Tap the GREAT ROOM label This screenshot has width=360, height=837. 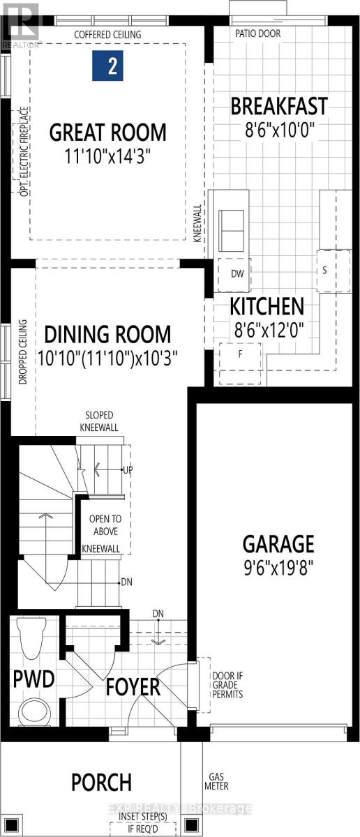point(107,131)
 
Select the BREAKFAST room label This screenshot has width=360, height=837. point(278,107)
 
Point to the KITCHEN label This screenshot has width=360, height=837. point(267,306)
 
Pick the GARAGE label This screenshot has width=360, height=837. point(278,543)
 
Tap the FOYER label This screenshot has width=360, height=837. point(133,686)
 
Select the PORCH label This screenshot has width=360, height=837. point(101,782)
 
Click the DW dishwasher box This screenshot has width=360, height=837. point(237,274)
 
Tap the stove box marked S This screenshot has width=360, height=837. point(324,269)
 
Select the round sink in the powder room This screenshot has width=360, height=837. point(32,713)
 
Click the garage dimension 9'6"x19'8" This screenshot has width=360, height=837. point(278,565)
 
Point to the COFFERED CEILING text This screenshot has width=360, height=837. point(108,34)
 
